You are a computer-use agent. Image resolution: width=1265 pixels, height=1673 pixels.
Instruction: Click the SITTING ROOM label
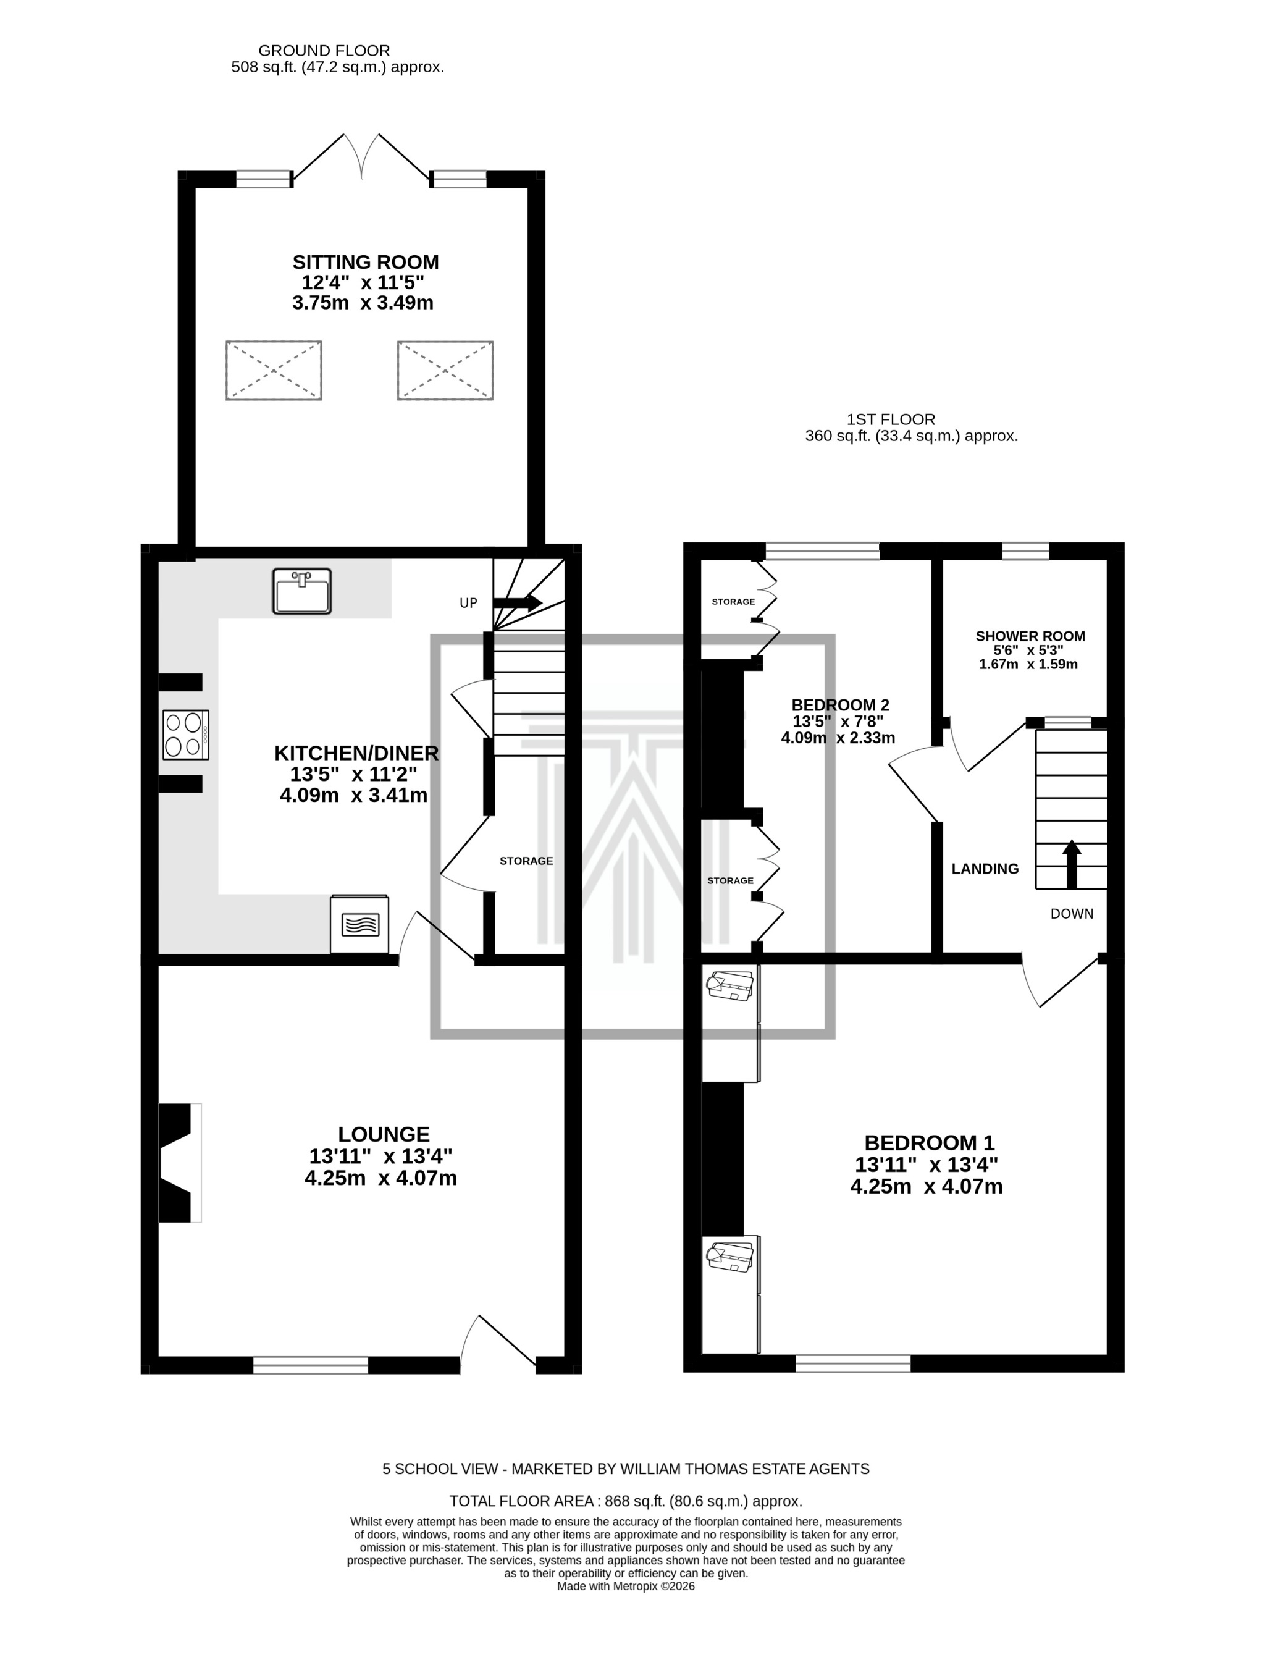click(365, 263)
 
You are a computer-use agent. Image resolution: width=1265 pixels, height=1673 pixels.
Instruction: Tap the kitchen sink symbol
click(301, 591)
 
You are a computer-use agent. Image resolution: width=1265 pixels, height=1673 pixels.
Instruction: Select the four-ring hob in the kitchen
click(185, 735)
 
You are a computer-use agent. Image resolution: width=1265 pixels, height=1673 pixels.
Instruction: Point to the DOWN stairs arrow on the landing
click(1072, 863)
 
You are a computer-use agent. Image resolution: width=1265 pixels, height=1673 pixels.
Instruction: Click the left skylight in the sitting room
click(274, 371)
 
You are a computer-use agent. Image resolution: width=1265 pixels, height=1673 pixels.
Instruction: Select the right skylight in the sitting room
click(445, 371)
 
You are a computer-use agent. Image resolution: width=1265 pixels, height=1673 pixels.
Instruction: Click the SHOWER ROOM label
click(1030, 636)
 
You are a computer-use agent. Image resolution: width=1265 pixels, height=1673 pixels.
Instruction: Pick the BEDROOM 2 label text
click(840, 705)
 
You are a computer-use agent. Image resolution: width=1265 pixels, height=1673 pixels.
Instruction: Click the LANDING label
click(985, 869)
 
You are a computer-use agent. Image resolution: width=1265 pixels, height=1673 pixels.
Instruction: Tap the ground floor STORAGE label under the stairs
click(526, 861)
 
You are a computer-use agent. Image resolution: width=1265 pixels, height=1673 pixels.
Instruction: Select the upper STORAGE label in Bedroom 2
click(733, 601)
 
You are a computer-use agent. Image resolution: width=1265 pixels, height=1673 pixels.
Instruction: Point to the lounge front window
click(310, 1365)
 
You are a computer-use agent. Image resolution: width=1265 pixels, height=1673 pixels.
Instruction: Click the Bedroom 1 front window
click(853, 1363)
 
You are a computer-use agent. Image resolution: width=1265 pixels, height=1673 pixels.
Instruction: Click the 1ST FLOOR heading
click(891, 419)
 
